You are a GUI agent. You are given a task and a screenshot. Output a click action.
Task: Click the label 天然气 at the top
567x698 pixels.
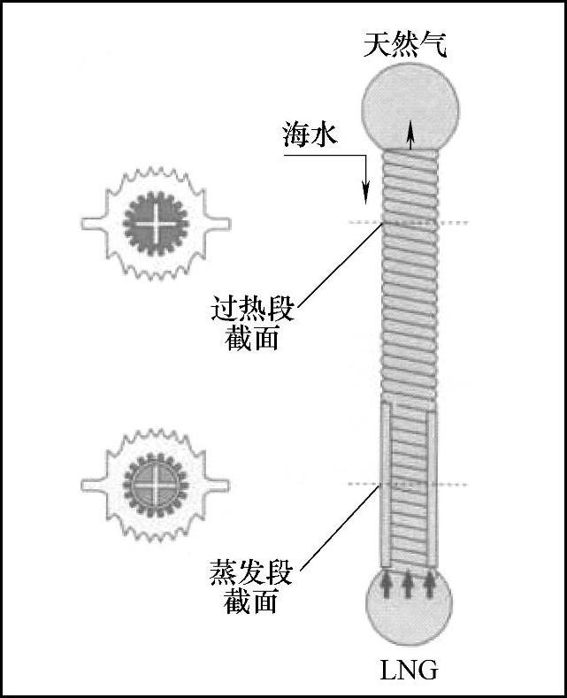pos(404,43)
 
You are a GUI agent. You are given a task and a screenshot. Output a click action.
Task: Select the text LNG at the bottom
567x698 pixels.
pos(409,669)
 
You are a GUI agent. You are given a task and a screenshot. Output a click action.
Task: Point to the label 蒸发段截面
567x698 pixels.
pos(252,586)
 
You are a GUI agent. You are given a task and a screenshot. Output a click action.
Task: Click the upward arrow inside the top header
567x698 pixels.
pos(410,137)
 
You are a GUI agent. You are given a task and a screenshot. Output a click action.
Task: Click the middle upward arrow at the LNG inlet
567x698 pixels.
pos(408,583)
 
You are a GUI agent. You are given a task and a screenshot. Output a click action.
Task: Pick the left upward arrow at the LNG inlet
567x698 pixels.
pos(387,583)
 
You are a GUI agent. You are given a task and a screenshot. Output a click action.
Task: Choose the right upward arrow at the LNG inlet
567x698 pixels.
pos(430,583)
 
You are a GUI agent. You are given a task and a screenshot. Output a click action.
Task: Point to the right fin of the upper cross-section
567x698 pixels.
pos(219,221)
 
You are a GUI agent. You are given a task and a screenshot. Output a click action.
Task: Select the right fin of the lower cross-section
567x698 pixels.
pos(219,485)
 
